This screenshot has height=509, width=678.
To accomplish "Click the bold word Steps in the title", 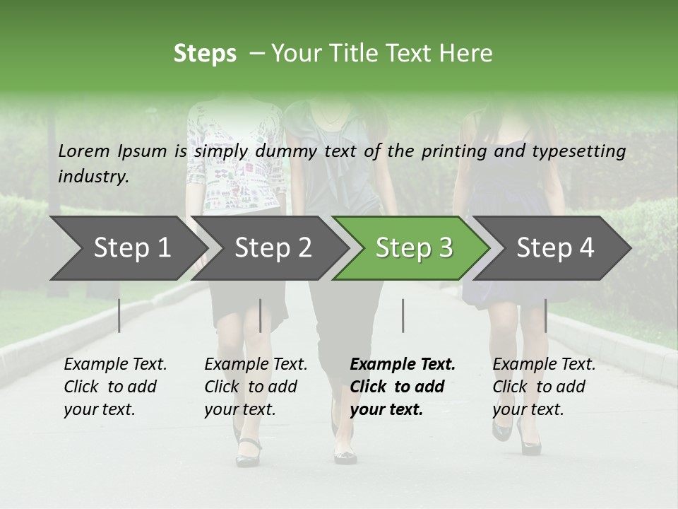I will tap(205, 54).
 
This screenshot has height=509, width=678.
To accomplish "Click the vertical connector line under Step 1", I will tap(119, 315).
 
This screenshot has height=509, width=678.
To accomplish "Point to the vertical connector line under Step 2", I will tap(261, 315).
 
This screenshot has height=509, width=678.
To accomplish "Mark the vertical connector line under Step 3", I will tap(403, 315).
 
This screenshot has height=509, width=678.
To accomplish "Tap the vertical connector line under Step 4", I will tap(545, 315).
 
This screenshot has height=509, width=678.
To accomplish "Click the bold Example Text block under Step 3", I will tap(403, 387).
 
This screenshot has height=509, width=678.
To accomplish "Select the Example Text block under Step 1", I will tap(115, 387).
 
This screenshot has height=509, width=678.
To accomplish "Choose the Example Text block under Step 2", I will tap(256, 387).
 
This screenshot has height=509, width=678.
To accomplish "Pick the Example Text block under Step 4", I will tap(544, 387).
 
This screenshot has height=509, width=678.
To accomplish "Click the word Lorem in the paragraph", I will tap(84, 151).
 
